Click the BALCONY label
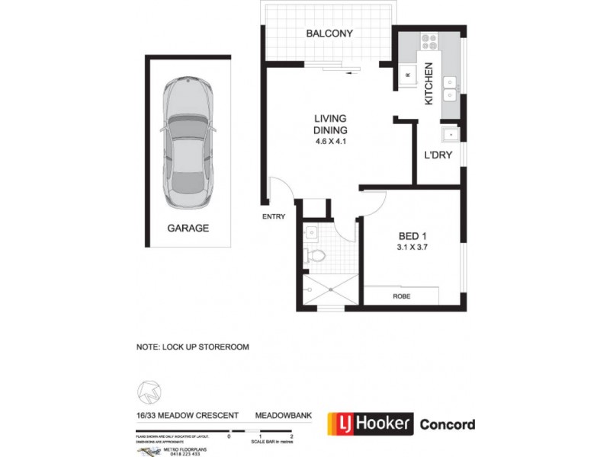(329, 34)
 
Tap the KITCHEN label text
(429, 83)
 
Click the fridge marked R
(407, 75)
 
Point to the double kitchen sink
(451, 88)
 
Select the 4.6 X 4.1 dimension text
(330, 142)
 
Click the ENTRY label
(273, 216)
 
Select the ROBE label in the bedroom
(401, 296)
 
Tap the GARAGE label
(188, 228)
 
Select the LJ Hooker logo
(371, 423)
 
